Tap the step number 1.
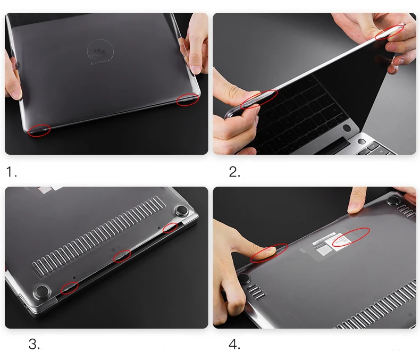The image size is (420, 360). (x=12, y=172)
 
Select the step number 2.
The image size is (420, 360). (x=234, y=172)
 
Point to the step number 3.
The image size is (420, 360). (x=34, y=344)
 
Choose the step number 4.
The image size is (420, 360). (x=234, y=344)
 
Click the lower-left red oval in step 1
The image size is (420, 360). (x=39, y=130)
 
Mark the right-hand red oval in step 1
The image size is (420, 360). (x=188, y=99)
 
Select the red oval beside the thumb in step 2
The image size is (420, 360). (x=259, y=98)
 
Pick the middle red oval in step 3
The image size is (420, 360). (x=122, y=256)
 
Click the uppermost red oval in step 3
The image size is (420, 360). (x=170, y=228)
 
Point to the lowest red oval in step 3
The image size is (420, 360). (x=69, y=288)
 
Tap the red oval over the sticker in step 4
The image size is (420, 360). (x=351, y=237)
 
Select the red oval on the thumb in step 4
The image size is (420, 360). (x=269, y=253)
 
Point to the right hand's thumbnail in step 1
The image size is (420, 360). (x=196, y=69)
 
